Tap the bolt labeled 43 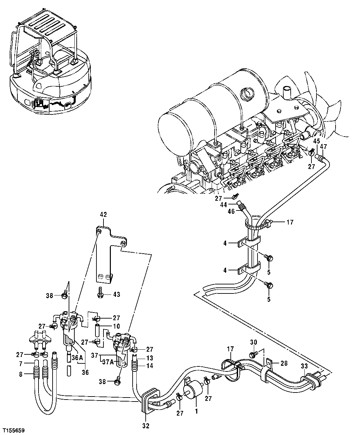coord(100,293)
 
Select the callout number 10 coord(107,326)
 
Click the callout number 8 coord(20,374)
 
